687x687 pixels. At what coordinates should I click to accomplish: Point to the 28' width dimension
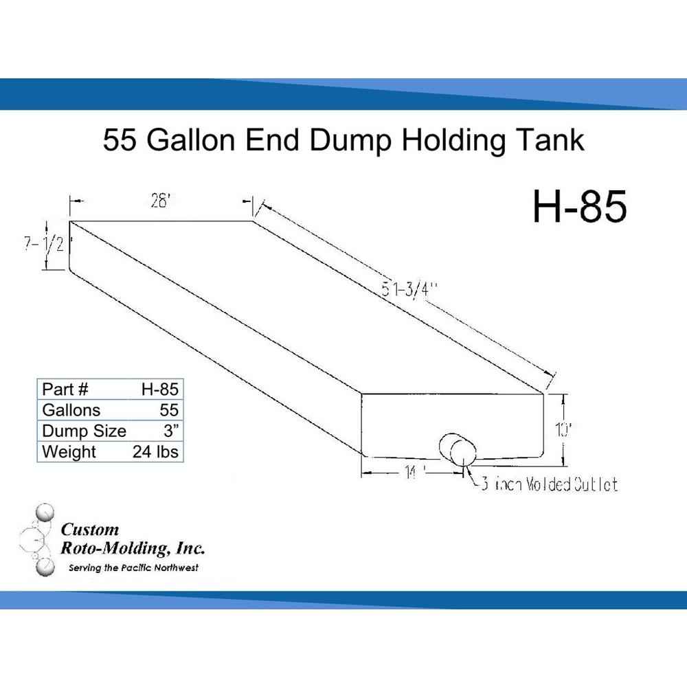[159, 204]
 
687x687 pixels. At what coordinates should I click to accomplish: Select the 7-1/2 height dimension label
[46, 245]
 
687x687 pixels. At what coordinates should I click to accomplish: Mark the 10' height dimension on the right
[563, 431]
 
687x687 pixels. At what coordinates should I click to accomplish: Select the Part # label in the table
[65, 389]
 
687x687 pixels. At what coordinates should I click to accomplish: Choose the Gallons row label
[71, 410]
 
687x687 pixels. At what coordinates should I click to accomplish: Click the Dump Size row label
[84, 431]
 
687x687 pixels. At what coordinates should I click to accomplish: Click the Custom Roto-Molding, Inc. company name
[132, 539]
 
